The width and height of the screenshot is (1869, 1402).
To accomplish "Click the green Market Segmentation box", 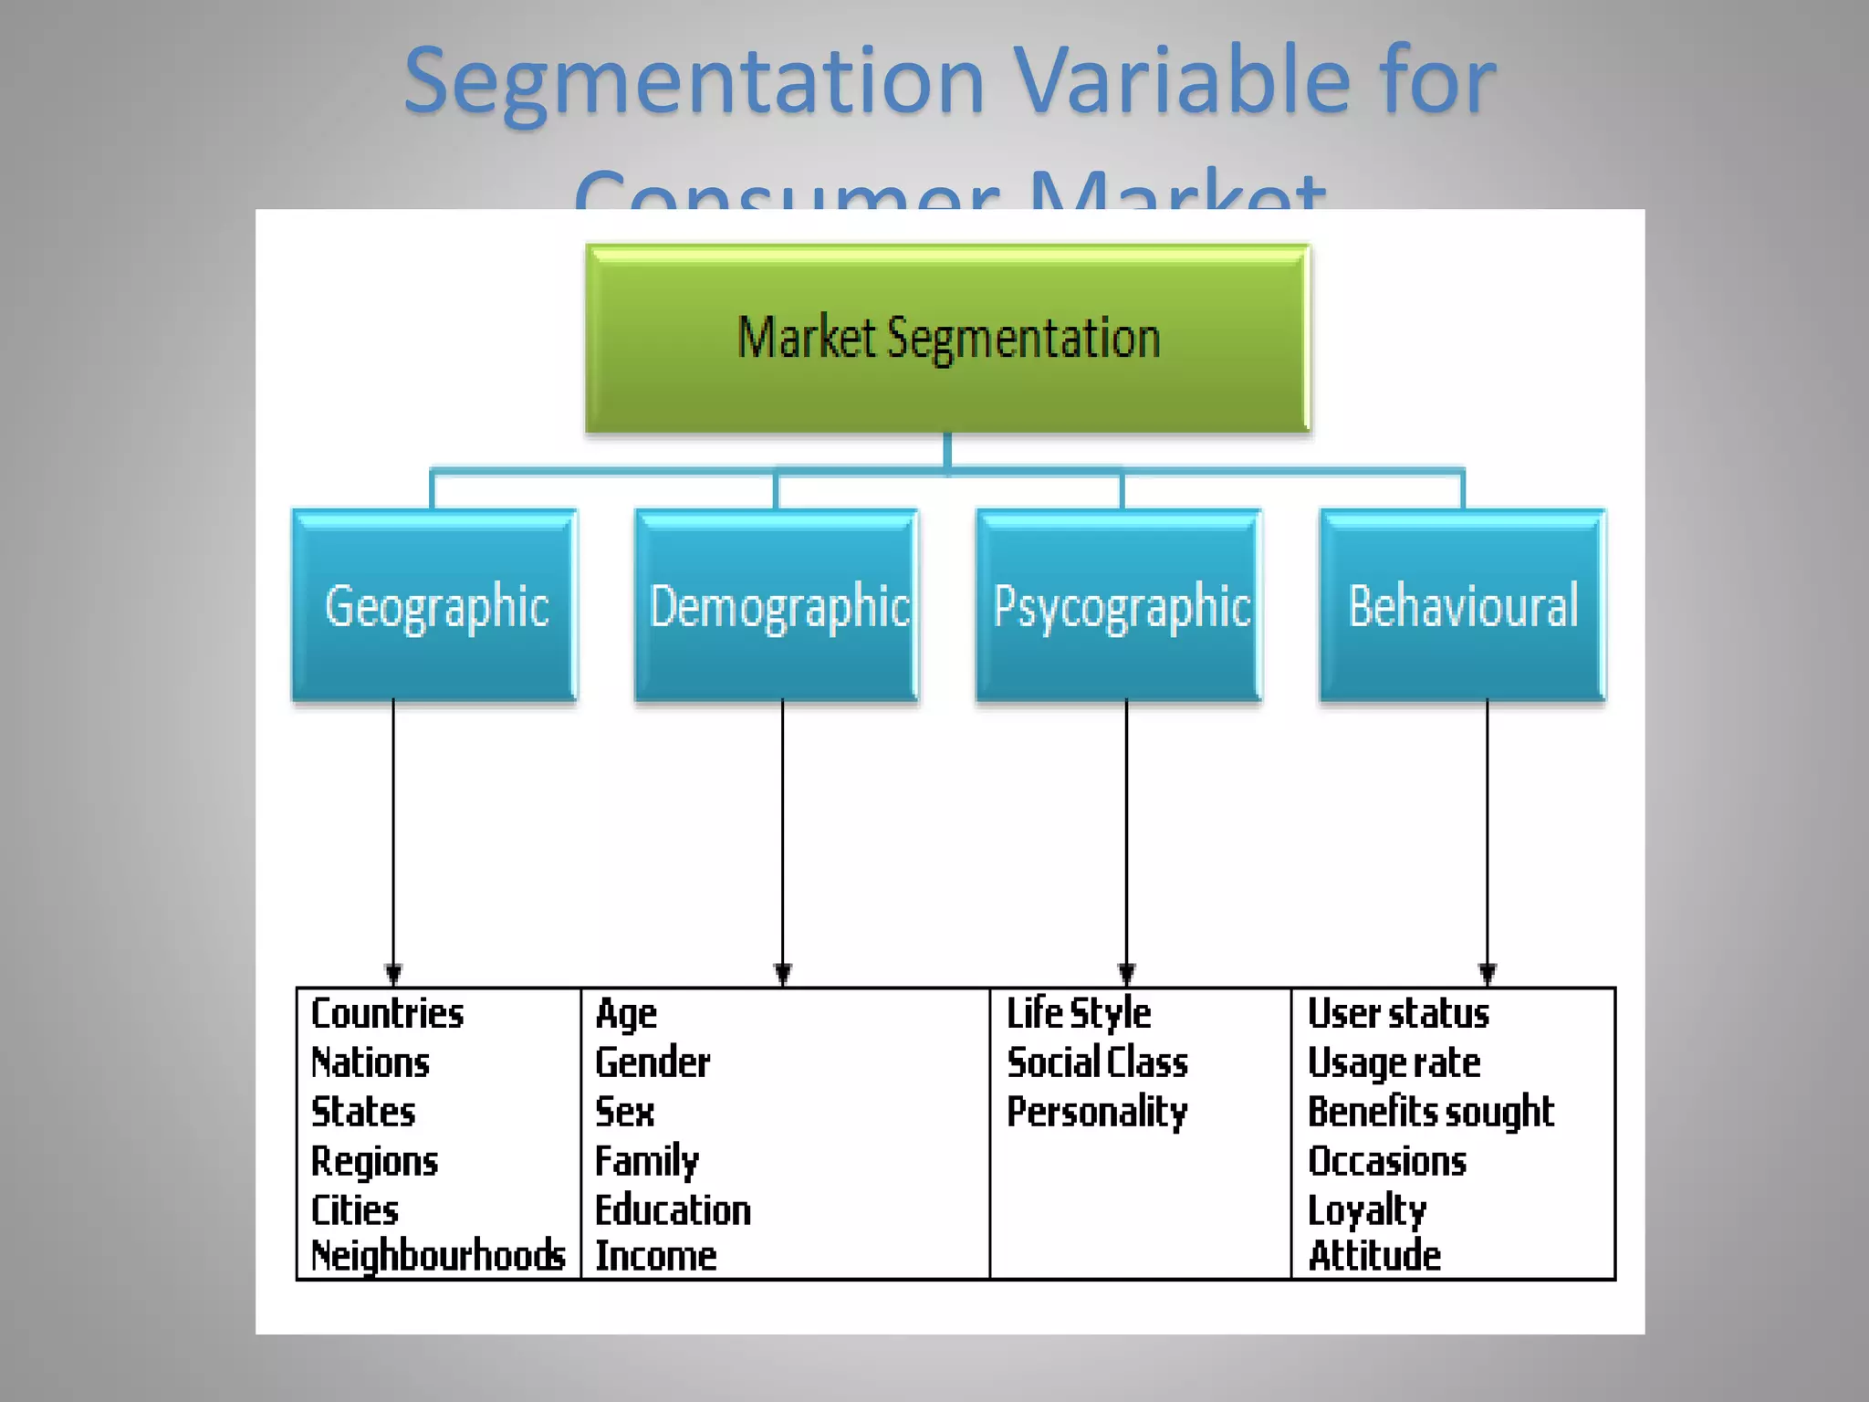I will pyautogui.click(x=947, y=338).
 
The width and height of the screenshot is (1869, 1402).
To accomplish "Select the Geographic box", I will pyautogui.click(x=434, y=606).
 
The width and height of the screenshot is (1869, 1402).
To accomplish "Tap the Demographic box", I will pyautogui.click(x=778, y=606).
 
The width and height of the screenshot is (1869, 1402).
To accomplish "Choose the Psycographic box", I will pyautogui.click(x=1120, y=606).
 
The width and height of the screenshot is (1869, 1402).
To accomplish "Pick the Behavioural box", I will pyautogui.click(x=1463, y=606).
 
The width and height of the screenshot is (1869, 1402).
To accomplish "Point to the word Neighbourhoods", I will pyautogui.click(x=438, y=1256).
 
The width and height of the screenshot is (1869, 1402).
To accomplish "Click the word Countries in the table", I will pyautogui.click(x=387, y=1014).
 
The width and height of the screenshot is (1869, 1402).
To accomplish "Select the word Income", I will pyautogui.click(x=655, y=1256).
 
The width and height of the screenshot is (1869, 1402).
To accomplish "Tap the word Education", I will pyautogui.click(x=673, y=1210).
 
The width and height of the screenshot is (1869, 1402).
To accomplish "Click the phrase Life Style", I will pyautogui.click(x=1079, y=1014).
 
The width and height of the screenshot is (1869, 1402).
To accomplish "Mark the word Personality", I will pyautogui.click(x=1097, y=1113).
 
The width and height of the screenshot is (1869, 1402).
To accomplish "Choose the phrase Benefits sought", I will pyautogui.click(x=1430, y=1113).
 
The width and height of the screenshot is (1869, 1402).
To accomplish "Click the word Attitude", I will pyautogui.click(x=1374, y=1256).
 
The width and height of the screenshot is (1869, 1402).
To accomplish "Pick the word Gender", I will pyautogui.click(x=653, y=1063).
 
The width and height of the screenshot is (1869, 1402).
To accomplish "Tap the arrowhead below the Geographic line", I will pyautogui.click(x=393, y=973).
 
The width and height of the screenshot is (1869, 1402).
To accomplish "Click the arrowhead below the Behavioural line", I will pyautogui.click(x=1488, y=973).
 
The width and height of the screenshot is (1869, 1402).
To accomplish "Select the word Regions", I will pyautogui.click(x=374, y=1162).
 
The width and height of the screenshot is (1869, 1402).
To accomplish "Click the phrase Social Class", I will pyautogui.click(x=1097, y=1063).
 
